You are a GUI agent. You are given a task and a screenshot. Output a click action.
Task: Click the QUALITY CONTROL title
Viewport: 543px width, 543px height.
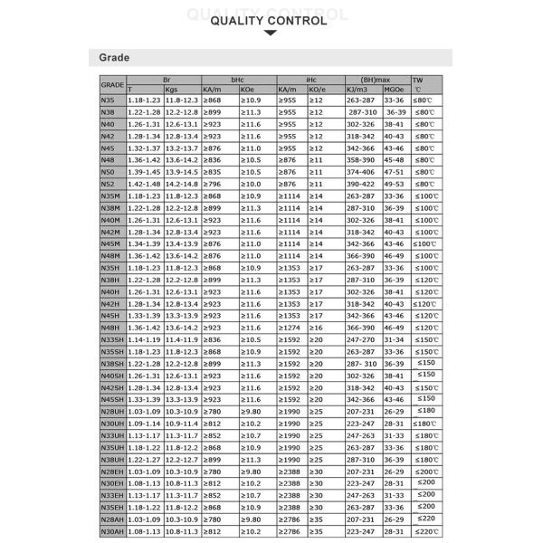click(x=271, y=15)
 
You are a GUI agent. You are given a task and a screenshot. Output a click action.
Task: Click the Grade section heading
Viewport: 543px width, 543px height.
click(x=114, y=58)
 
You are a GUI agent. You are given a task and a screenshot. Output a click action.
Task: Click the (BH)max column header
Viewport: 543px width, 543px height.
click(x=376, y=79)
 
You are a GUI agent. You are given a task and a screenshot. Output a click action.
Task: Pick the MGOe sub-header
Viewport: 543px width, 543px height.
click(x=395, y=89)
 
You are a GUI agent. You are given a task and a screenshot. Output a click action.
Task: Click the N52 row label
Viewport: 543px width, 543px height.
click(x=109, y=183)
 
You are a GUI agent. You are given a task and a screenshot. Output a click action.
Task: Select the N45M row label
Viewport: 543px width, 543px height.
click(x=111, y=243)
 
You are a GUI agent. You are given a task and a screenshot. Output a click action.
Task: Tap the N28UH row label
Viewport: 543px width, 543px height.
click(x=113, y=411)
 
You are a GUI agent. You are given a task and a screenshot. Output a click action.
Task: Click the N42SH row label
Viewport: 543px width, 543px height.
click(x=113, y=386)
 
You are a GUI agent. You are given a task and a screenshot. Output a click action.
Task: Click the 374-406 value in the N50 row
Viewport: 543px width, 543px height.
click(x=362, y=171)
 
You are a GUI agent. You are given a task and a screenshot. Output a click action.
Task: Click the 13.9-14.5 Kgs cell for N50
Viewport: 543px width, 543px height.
click(x=182, y=171)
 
